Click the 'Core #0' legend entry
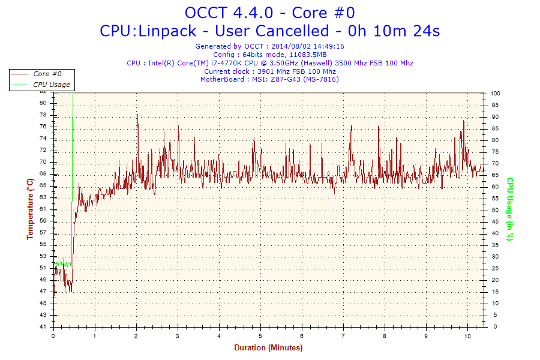(x=47, y=74)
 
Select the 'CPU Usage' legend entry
(x=51, y=85)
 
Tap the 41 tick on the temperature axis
(x=43, y=327)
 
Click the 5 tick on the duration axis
(x=260, y=336)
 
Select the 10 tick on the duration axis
(x=467, y=336)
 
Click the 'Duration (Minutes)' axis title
(x=268, y=348)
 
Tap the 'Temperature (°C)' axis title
(x=30, y=209)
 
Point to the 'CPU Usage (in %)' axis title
(x=509, y=209)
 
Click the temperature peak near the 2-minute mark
(x=137, y=115)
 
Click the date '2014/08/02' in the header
(x=291, y=46)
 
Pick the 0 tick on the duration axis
(x=53, y=336)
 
